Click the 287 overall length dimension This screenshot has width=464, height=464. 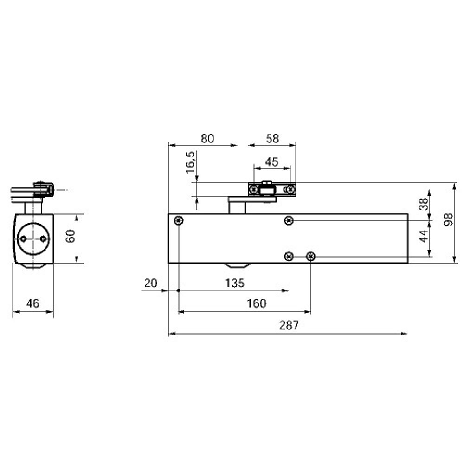click(x=289, y=325)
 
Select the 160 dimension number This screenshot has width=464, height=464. click(x=256, y=303)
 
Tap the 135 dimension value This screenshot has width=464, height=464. click(x=235, y=283)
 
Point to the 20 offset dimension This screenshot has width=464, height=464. click(x=151, y=283)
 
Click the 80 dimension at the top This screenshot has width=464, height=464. click(x=207, y=138)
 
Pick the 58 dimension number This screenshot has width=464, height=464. click(x=272, y=138)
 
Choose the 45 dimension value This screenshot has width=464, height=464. click(x=271, y=162)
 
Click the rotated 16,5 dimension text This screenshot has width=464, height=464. click(x=190, y=162)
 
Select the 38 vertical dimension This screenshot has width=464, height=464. click(x=424, y=204)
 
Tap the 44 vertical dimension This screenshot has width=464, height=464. click(x=424, y=236)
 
